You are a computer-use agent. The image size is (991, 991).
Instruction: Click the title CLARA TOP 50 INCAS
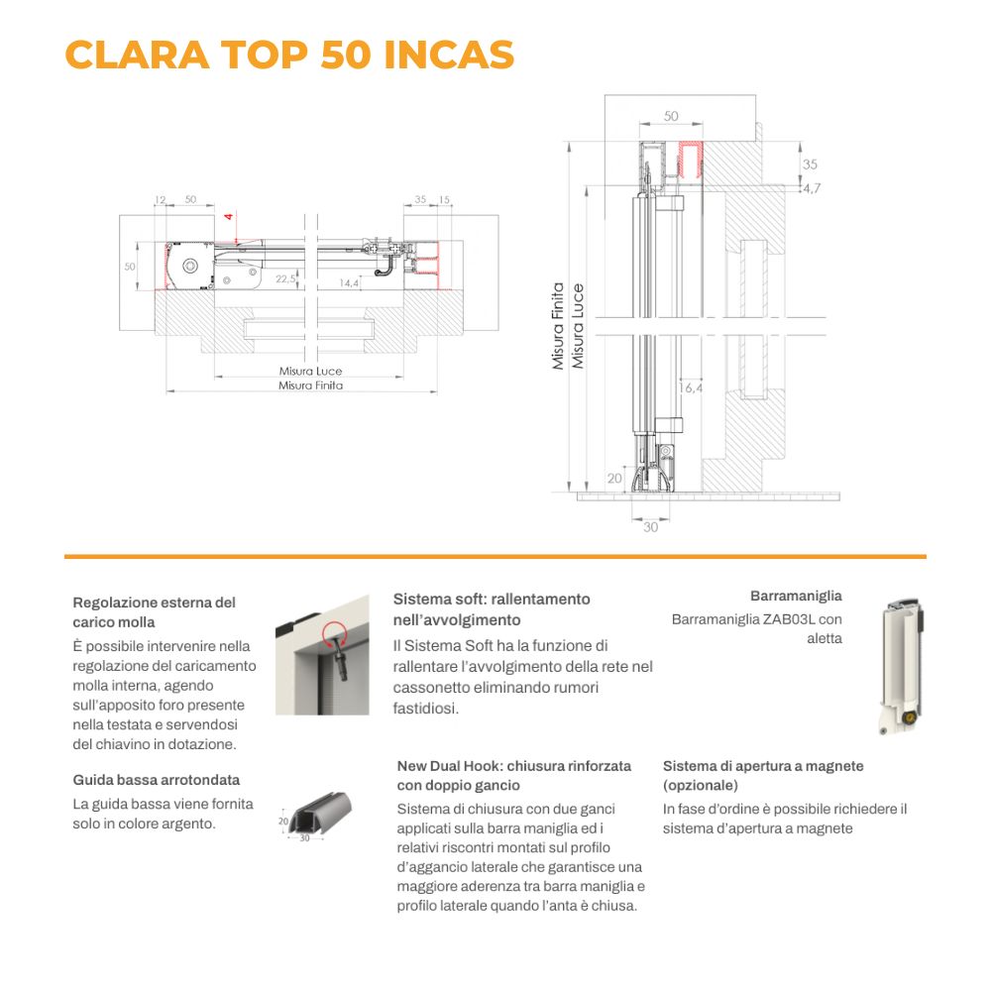[289, 55]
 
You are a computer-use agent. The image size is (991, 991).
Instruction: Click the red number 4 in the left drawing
[229, 216]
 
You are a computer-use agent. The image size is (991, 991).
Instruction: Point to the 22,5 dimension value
[285, 278]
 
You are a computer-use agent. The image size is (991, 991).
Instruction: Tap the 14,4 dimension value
[349, 283]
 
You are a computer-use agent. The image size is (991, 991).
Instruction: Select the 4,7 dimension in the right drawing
[812, 188]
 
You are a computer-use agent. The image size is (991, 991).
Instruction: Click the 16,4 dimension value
[691, 388]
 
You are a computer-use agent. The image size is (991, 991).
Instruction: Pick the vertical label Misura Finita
[557, 326]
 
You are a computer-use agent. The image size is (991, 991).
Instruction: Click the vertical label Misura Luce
[578, 326]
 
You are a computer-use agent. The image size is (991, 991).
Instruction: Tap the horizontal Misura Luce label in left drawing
[310, 371]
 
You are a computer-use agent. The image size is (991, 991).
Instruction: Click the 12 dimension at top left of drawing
[160, 200]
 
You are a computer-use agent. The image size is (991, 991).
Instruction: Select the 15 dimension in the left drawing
[444, 200]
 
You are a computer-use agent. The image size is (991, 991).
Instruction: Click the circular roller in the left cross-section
[190, 266]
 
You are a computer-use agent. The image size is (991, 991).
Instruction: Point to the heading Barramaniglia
[796, 596]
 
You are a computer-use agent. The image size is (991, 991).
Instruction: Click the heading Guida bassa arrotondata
[157, 780]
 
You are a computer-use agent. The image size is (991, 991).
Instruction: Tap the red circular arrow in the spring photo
[334, 633]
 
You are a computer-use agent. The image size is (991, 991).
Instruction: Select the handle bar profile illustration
[902, 667]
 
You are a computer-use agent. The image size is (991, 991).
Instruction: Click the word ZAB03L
[789, 619]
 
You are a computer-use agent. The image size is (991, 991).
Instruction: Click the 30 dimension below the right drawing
[650, 527]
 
